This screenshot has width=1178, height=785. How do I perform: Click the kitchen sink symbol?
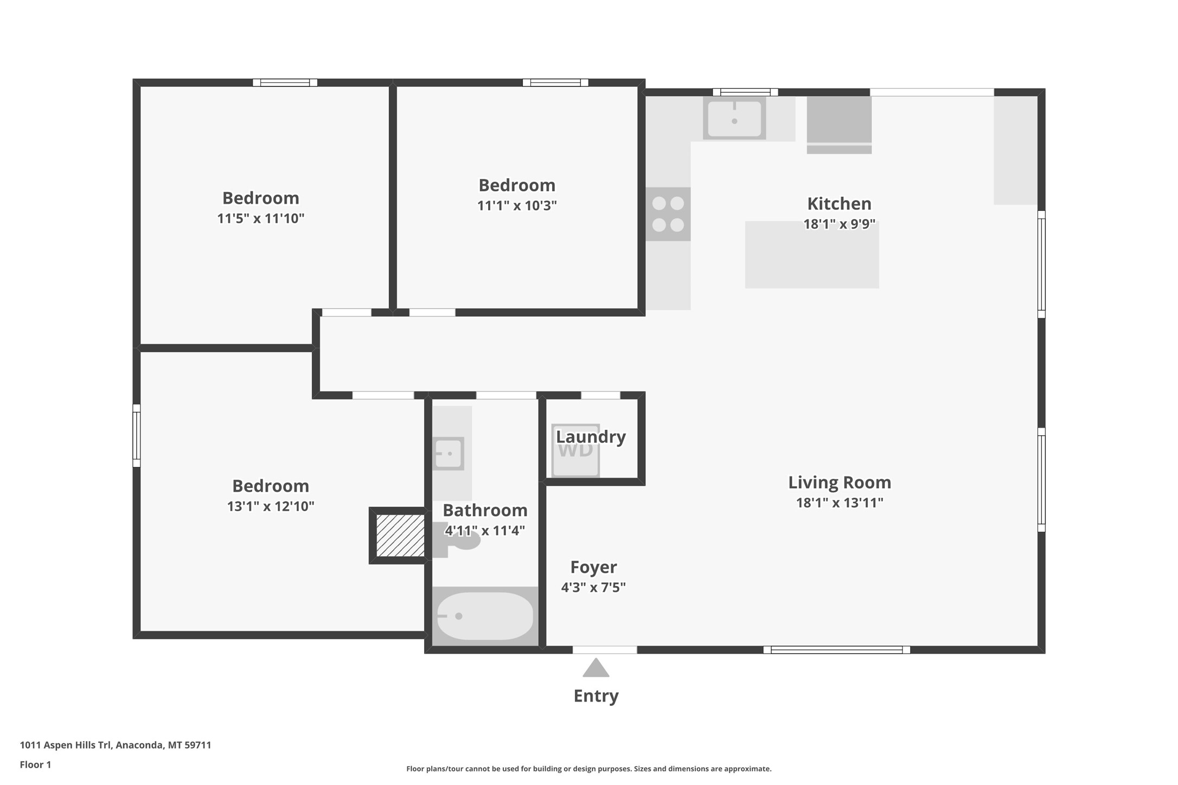(x=734, y=118)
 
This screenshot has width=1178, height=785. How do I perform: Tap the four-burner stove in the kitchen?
(x=668, y=214)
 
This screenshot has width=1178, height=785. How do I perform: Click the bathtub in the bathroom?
(x=485, y=616)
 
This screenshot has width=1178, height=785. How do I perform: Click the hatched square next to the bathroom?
(x=400, y=536)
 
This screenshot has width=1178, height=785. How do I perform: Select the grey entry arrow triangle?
(x=596, y=668)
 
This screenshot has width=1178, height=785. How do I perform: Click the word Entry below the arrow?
(x=596, y=696)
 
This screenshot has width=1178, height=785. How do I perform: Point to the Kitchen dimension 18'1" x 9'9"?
(x=839, y=224)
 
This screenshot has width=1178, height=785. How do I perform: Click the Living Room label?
(x=839, y=482)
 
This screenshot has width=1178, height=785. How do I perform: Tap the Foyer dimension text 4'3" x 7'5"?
(x=593, y=587)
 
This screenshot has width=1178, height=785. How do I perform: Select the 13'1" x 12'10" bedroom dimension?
(x=270, y=506)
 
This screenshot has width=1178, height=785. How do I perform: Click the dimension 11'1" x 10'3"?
(x=516, y=205)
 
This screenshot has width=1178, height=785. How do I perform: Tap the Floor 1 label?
(x=35, y=764)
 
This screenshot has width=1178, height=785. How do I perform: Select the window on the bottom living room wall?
(x=836, y=649)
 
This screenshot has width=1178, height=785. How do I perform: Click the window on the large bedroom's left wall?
(x=137, y=435)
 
